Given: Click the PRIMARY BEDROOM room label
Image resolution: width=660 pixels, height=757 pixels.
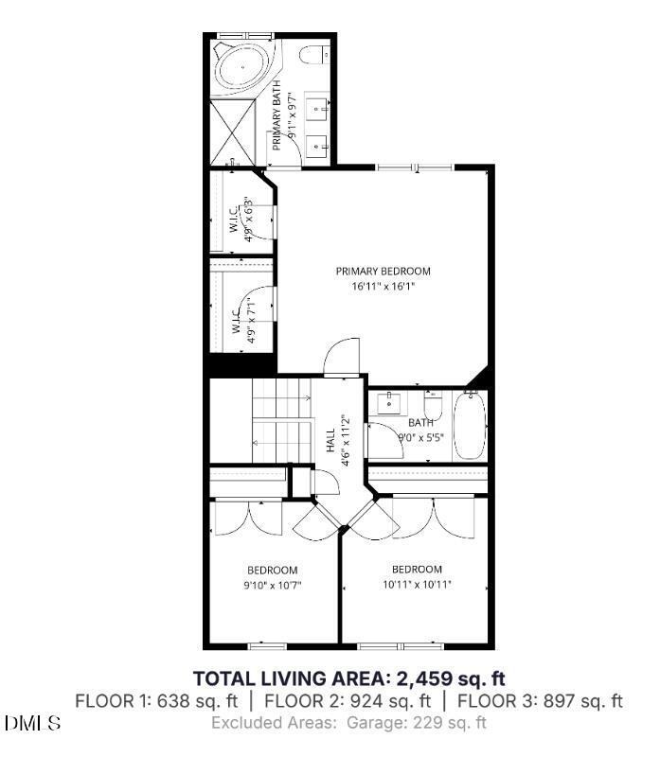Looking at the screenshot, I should pyautogui.click(x=383, y=271).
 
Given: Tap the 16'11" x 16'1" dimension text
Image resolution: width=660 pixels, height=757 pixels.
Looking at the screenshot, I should pyautogui.click(x=383, y=285).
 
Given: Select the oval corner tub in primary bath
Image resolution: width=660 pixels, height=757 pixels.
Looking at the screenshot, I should pyautogui.click(x=241, y=68).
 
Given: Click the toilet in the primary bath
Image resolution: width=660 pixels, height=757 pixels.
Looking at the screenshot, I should pyautogui.click(x=316, y=53).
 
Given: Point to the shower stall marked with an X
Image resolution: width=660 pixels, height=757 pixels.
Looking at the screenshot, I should pyautogui.click(x=232, y=131).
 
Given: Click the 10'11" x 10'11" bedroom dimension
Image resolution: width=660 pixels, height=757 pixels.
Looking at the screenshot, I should pyautogui.click(x=417, y=584).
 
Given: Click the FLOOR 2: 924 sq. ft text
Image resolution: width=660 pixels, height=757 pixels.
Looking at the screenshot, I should pyautogui.click(x=348, y=701).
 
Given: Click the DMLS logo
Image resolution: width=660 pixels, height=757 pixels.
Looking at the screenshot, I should pyautogui.click(x=32, y=724).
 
